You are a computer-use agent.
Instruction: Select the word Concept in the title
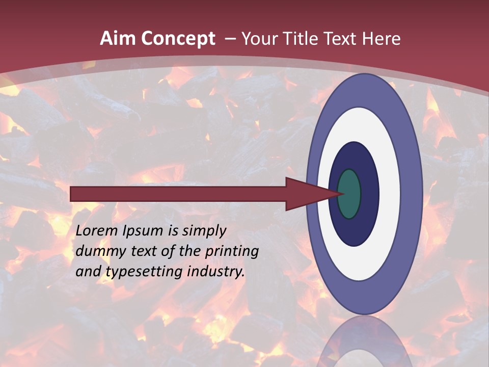178,39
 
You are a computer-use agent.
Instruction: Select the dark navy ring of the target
369,194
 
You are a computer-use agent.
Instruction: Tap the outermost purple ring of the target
412,194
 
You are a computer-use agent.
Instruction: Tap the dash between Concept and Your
230,39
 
